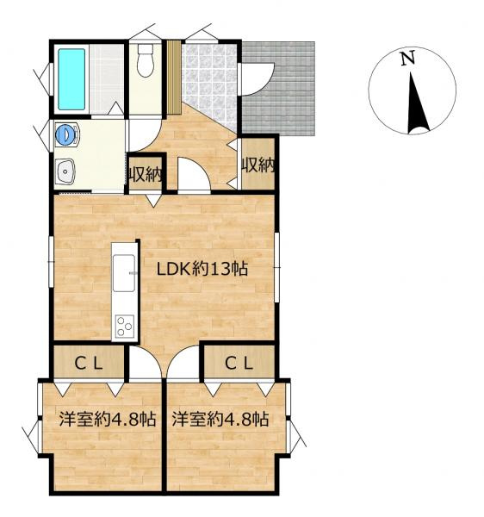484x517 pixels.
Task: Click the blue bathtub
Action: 71,79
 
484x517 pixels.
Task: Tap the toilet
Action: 146,60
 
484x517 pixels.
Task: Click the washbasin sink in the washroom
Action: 65,171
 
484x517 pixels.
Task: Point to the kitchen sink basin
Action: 123,272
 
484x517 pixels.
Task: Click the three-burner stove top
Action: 125,326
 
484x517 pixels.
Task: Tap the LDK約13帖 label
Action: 202,269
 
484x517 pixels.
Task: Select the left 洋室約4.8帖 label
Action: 108,420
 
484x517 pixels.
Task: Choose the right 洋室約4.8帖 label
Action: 220,420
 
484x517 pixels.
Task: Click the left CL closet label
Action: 89,364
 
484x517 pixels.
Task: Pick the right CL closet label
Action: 239,364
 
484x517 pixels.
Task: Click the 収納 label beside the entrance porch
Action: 258,165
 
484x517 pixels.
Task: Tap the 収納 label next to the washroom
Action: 146,174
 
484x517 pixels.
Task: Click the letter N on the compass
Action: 407,59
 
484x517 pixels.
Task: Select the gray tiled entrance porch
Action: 278,89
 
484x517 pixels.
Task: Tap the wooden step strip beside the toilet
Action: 174,77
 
